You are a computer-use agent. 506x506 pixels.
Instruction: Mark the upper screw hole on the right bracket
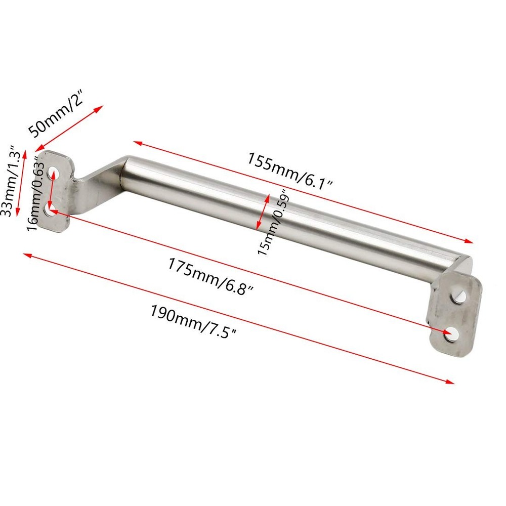point(458,295)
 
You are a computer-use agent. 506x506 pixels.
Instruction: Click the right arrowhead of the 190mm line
point(451,382)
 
